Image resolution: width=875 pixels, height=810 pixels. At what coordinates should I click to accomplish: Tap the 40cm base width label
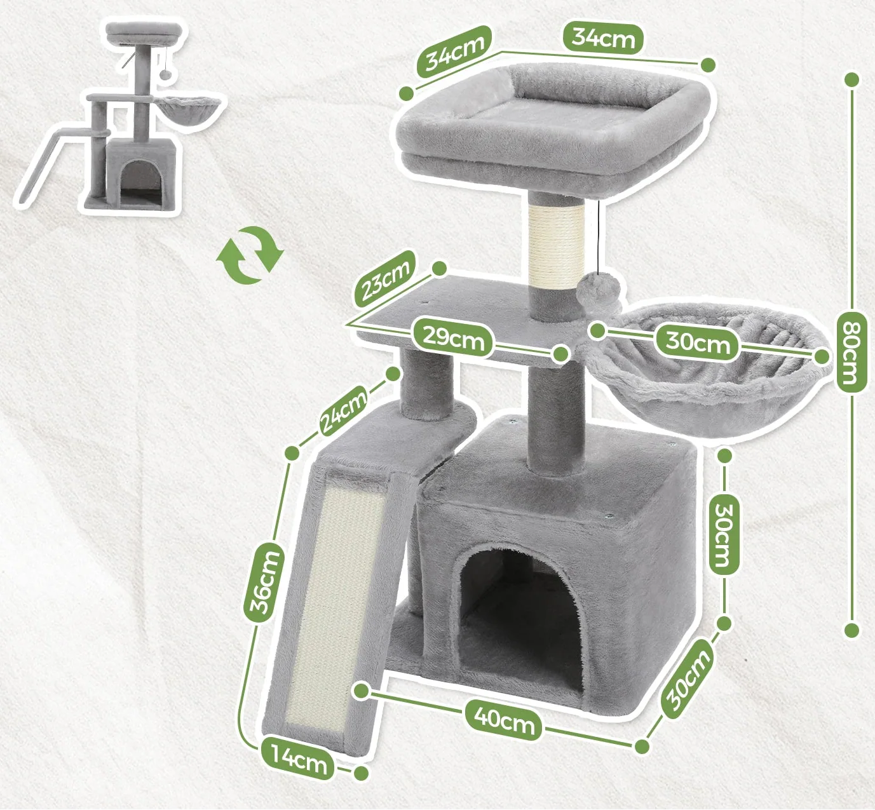[505, 723]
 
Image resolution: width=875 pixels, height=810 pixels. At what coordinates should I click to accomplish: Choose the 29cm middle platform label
[453, 337]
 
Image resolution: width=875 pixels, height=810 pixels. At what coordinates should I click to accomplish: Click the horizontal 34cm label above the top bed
[603, 39]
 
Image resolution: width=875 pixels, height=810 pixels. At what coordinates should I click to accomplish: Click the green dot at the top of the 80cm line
[853, 80]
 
